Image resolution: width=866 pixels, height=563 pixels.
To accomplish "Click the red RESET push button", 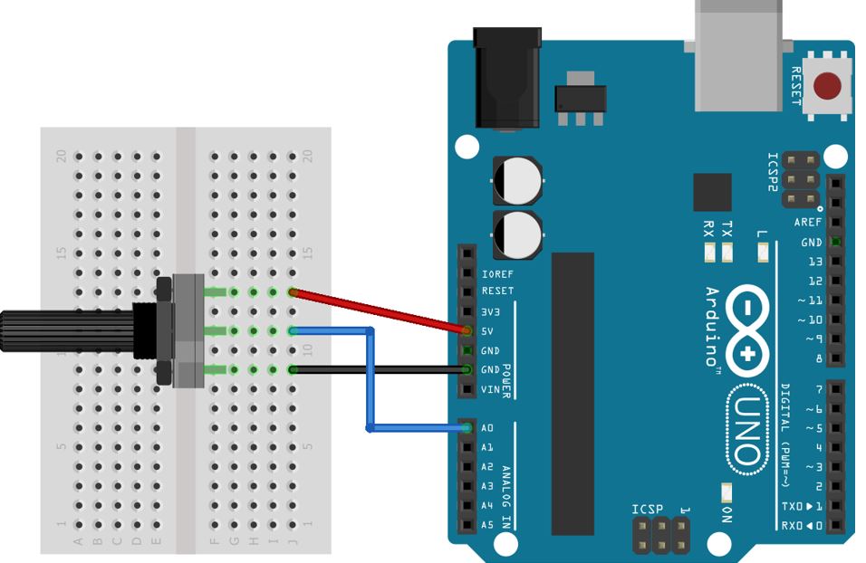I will pos(826,87).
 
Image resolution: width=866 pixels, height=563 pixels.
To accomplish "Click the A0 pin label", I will pos(487,428).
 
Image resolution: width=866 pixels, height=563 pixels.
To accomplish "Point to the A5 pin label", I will pos(487,525).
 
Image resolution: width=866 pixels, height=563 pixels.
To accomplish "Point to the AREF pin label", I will pos(808,223).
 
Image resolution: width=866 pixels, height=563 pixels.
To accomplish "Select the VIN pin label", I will pos(489,389).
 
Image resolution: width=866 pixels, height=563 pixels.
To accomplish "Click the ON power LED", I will pos(726,492).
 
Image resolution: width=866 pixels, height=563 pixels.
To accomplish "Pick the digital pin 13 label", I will pos(814,262).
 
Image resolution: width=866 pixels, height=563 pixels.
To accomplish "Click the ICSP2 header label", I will pos(773,171).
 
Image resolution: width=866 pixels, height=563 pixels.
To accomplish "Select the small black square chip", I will pos(712,192).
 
